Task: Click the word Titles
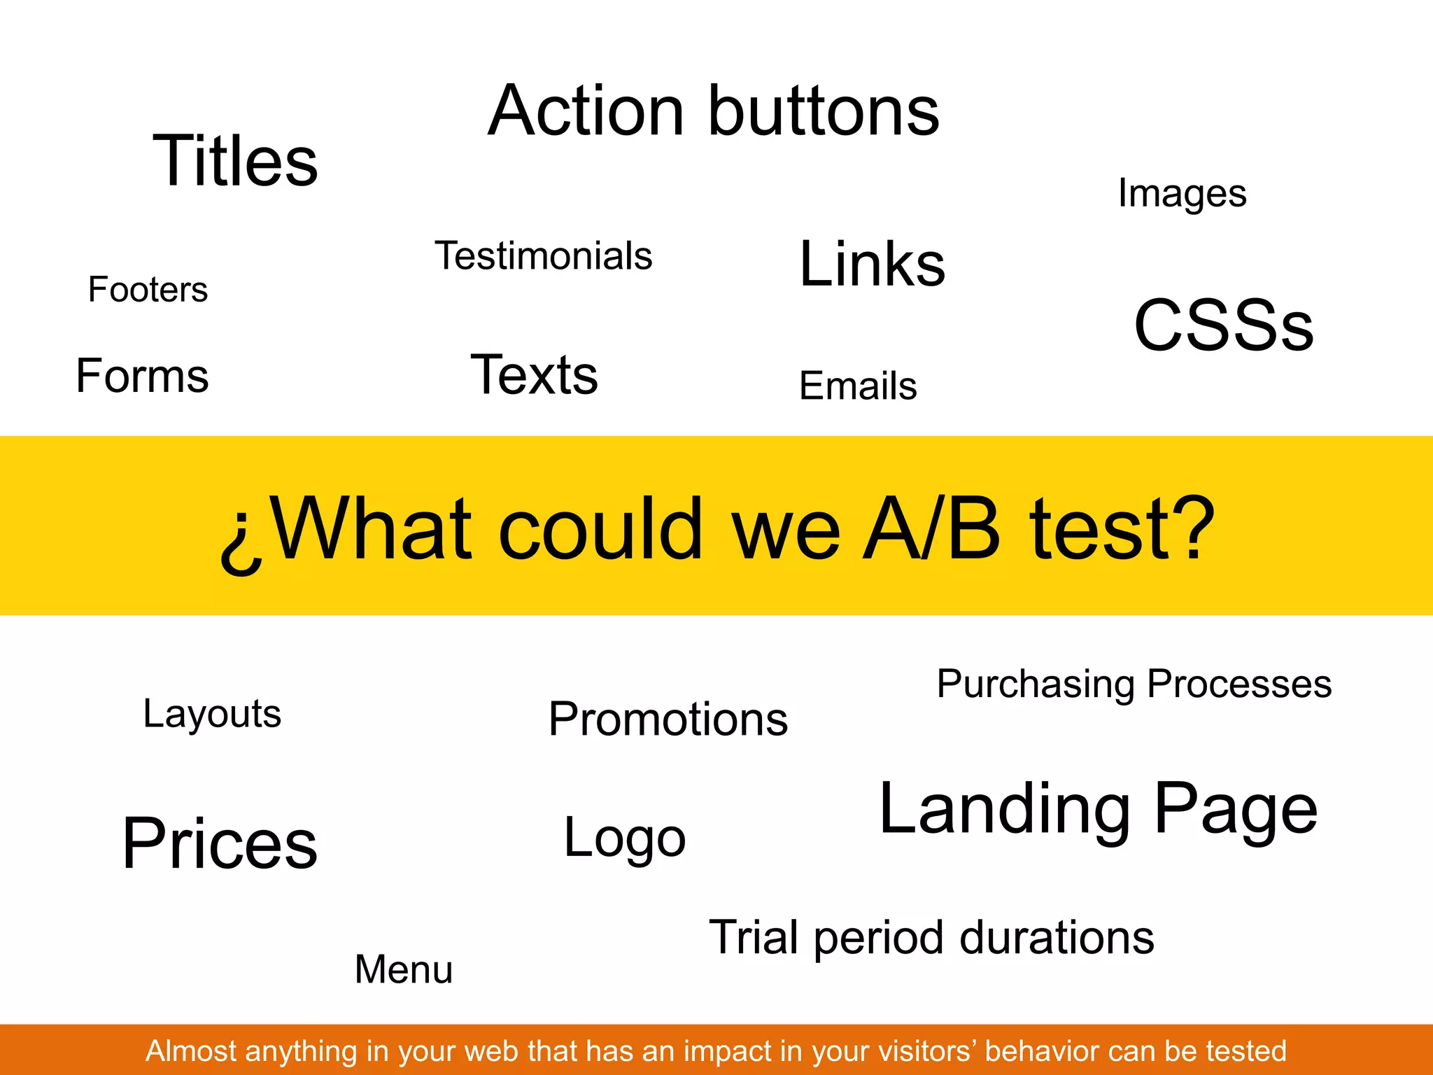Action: pos(235,161)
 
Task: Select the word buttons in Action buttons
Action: pos(824,111)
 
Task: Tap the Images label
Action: pos(1182,194)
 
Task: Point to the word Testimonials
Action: pos(543,256)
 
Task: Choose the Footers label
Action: pos(148,290)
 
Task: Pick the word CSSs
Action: pos(1224,325)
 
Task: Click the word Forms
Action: pos(142,376)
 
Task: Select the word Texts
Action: pos(535,375)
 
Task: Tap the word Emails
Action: pos(858,386)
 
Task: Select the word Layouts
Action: pos(212,715)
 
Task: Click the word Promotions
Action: pos(668,719)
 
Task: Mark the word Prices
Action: pos(220,844)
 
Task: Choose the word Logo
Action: pos(625,838)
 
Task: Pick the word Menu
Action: pos(404,970)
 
